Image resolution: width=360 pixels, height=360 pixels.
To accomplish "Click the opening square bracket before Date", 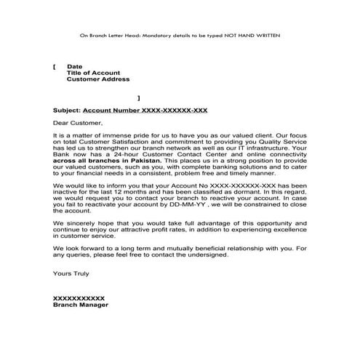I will pyautogui.click(x=55, y=66).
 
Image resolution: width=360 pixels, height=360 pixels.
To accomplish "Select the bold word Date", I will pyautogui.click(x=74, y=66).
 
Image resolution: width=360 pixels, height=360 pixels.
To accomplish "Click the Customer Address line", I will pyautogui.click(x=98, y=79).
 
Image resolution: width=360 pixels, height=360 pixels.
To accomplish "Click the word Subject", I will pyautogui.click(x=67, y=110).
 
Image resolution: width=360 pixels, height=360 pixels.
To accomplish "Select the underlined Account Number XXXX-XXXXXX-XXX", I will pyautogui.click(x=146, y=110).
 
